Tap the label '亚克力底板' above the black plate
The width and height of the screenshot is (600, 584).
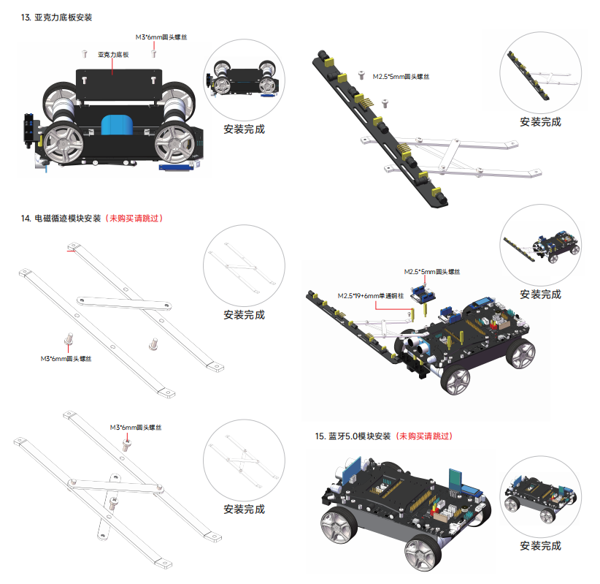point(113,54)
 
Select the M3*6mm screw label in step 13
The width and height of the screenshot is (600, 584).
point(161,37)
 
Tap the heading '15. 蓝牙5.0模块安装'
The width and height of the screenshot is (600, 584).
point(353,436)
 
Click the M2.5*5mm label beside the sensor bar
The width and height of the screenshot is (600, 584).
point(401,76)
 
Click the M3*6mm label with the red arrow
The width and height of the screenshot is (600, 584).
point(135,427)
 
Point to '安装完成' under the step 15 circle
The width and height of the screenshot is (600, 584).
point(540,545)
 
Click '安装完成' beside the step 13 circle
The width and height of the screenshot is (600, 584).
point(244,130)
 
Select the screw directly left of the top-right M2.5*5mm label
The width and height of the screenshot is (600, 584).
point(363,75)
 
